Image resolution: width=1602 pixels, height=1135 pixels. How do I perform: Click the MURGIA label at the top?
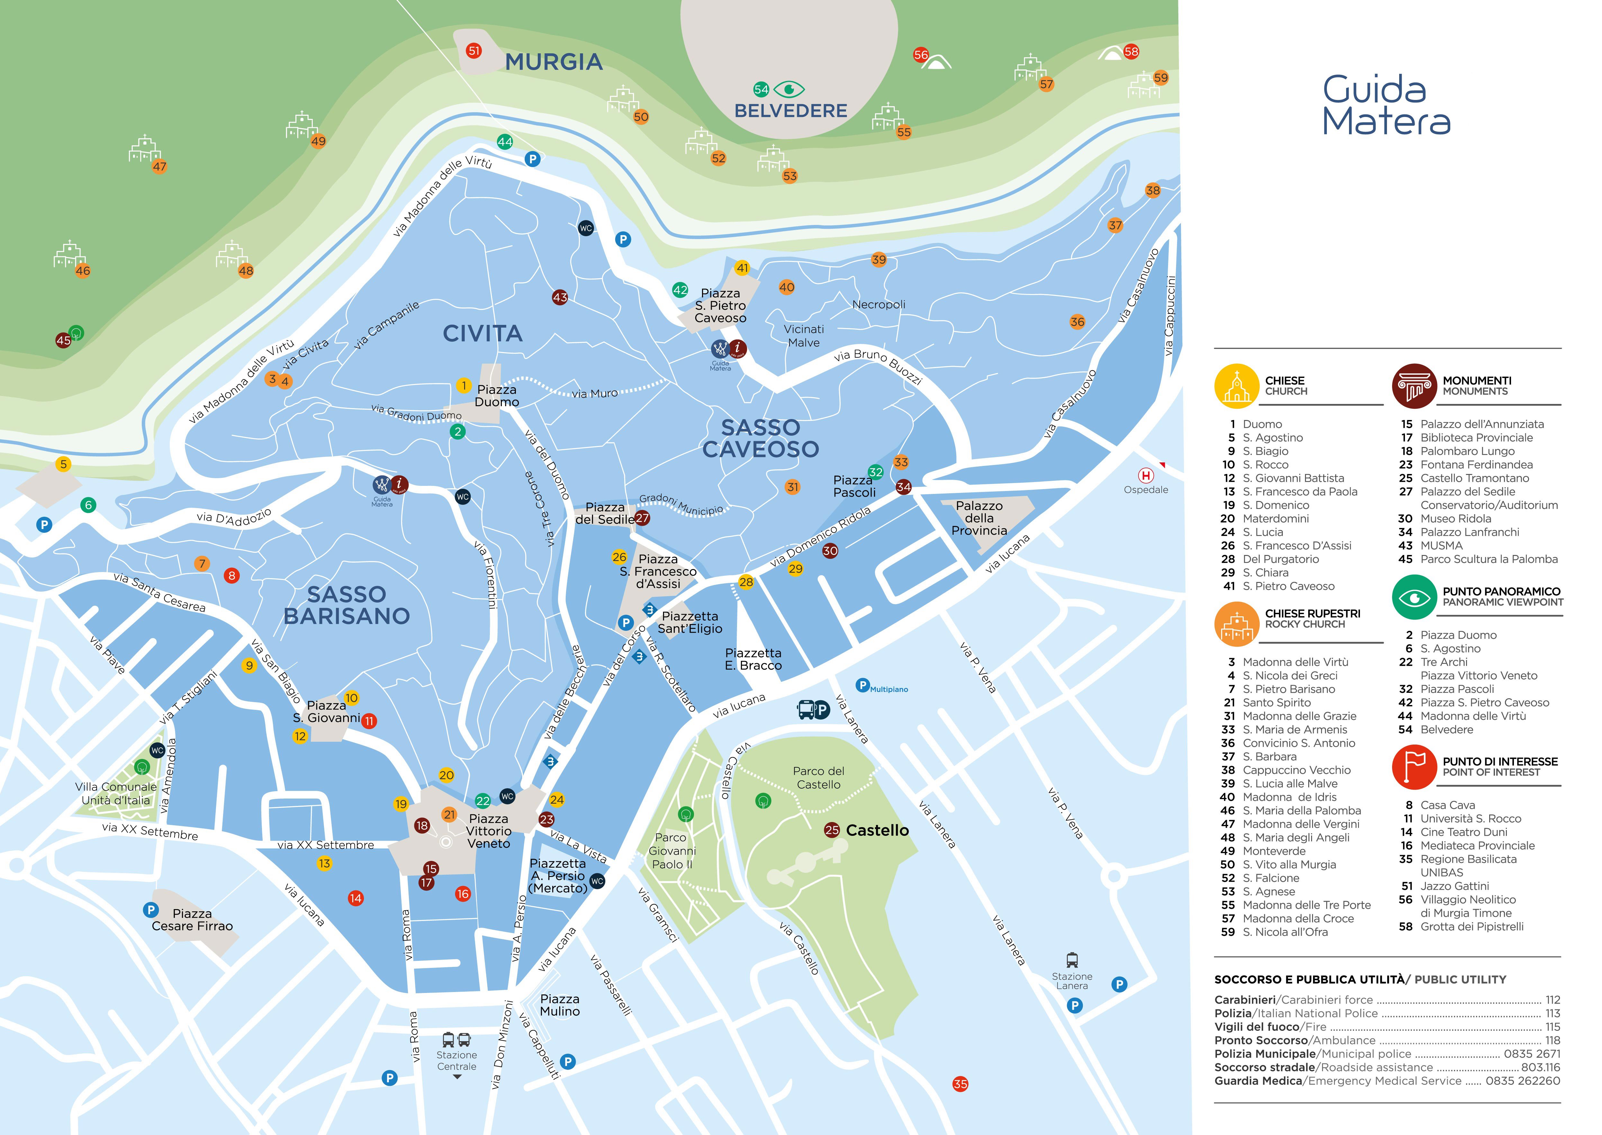click(x=553, y=62)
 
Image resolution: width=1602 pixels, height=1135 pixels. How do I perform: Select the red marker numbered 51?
click(x=474, y=50)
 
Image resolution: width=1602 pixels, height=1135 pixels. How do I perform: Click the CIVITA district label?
click(x=482, y=333)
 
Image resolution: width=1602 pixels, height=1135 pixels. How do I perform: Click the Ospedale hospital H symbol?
click(x=1146, y=475)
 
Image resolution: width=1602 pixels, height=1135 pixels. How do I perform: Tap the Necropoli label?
click(x=878, y=305)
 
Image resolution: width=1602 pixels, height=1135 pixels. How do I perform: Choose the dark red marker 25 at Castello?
click(x=831, y=830)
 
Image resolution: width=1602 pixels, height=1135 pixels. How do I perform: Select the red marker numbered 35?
click(x=960, y=1084)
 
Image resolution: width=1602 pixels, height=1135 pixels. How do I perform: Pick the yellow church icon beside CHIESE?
click(x=1237, y=386)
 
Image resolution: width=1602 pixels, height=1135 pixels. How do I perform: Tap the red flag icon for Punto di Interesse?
click(x=1414, y=767)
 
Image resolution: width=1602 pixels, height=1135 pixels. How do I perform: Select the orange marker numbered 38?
click(x=1153, y=190)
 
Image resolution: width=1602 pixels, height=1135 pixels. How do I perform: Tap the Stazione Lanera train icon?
click(x=1072, y=960)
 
